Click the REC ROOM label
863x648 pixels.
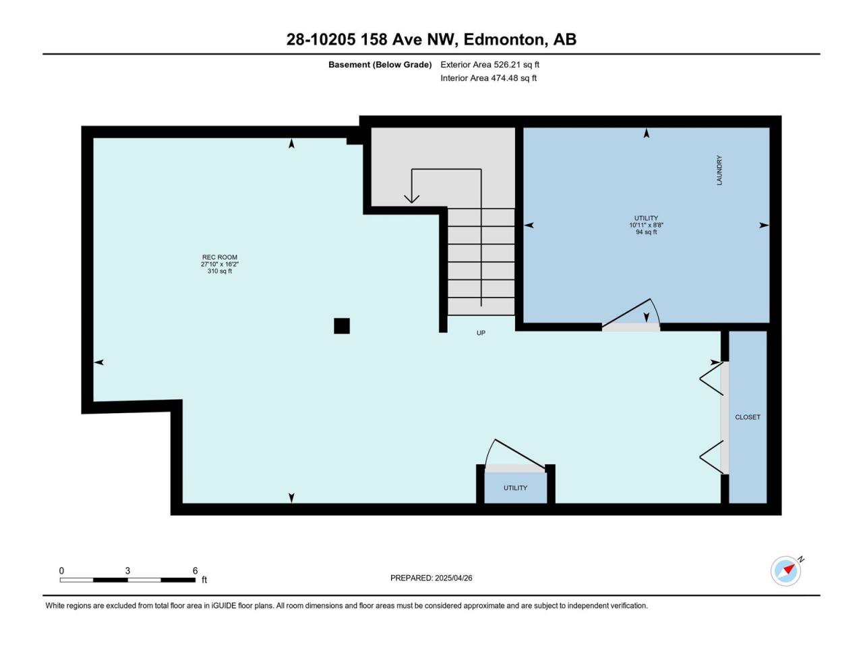click(x=219, y=257)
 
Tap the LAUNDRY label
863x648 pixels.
click(x=719, y=170)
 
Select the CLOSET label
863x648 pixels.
click(x=748, y=417)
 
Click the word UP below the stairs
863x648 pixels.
click(x=481, y=333)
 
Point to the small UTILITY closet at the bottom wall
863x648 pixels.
click(x=516, y=488)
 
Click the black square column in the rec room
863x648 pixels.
click(x=342, y=326)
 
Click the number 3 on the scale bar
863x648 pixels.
click(x=127, y=570)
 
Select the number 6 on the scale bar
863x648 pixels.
click(x=195, y=570)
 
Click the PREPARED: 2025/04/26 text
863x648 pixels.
click(x=431, y=578)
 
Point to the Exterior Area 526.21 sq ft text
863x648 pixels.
click(x=490, y=65)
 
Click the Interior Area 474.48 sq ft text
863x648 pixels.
click(x=488, y=78)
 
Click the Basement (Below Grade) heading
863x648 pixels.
click(x=380, y=65)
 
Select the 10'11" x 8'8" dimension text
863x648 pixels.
click(x=646, y=225)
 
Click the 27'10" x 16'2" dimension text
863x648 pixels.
click(x=219, y=265)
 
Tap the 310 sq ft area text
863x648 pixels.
click(x=219, y=271)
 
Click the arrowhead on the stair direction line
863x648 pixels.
click(x=412, y=199)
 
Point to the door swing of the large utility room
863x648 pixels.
click(x=630, y=315)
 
